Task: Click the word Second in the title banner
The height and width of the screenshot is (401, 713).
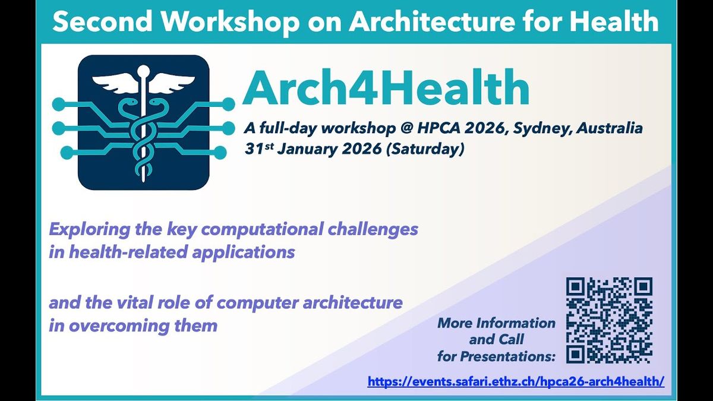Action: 102,21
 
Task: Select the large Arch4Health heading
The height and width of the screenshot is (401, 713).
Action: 386,87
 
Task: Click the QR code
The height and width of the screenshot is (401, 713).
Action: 609,320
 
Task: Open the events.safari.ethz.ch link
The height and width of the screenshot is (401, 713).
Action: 516,381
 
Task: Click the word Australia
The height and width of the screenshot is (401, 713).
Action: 610,128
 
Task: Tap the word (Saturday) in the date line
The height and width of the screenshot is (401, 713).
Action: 425,149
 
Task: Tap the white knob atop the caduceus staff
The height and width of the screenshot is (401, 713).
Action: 144,70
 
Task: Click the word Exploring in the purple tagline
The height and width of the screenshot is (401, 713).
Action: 90,230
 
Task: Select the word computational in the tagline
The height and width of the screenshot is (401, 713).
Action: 262,230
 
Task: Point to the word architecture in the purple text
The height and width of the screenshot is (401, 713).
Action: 352,302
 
